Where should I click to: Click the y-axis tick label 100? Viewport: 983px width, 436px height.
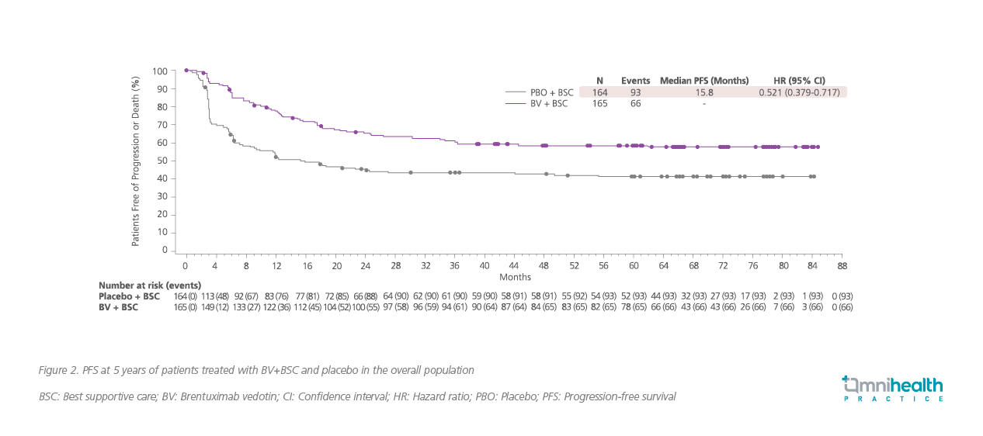159,71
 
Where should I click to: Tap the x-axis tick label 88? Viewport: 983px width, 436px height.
842,265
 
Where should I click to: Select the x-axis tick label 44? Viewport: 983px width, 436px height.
514,265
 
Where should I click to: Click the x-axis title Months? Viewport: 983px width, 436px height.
515,277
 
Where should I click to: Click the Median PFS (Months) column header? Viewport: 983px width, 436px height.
704,81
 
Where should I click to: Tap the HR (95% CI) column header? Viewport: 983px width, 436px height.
800,81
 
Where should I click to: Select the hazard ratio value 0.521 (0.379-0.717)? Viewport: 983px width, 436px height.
800,92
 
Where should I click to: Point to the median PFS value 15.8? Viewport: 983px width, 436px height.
704,92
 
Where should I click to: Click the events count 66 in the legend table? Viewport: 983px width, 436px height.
635,104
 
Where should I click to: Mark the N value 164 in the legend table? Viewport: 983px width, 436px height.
599,92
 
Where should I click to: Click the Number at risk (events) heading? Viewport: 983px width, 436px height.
150,285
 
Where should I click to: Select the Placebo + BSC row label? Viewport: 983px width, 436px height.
129,296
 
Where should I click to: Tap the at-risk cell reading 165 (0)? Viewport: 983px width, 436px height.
186,308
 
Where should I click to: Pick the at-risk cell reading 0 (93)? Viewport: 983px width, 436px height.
842,296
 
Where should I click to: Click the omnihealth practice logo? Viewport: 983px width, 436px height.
892,388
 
